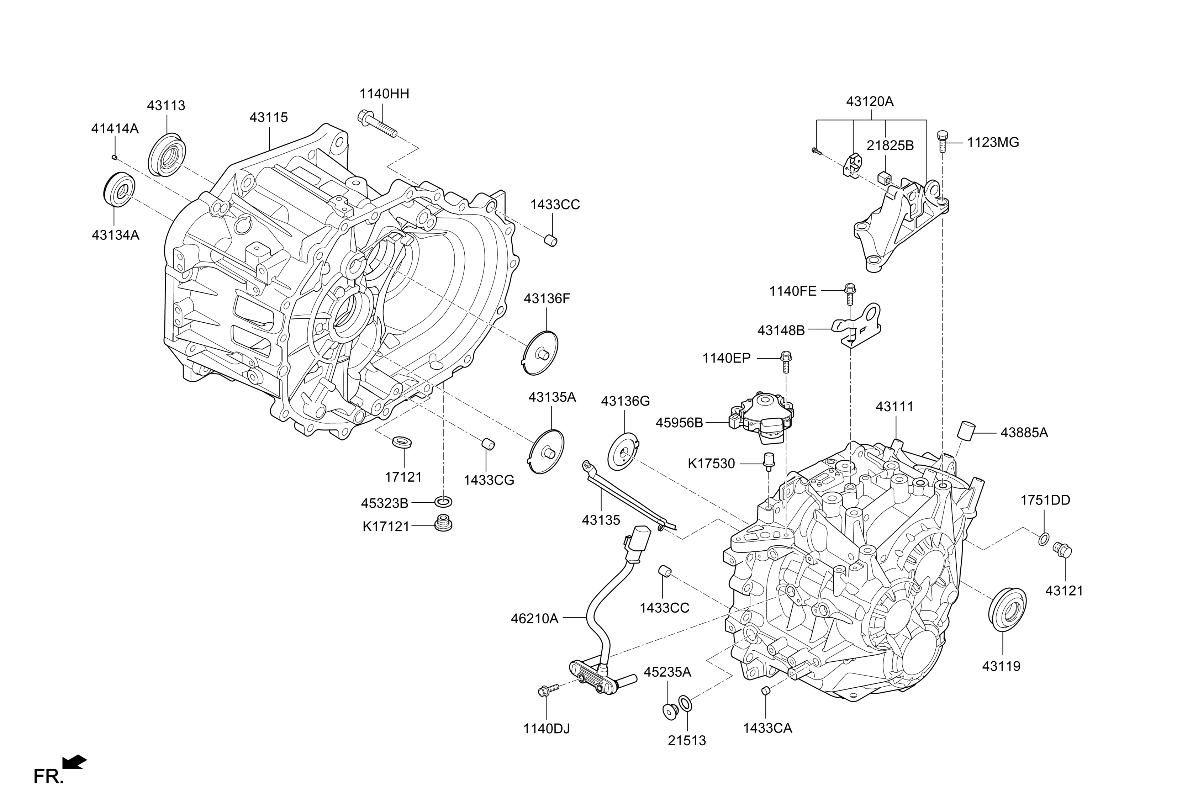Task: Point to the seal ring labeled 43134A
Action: coord(120,190)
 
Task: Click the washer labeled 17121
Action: coord(403,440)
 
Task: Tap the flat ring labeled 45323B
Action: coord(443,502)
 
